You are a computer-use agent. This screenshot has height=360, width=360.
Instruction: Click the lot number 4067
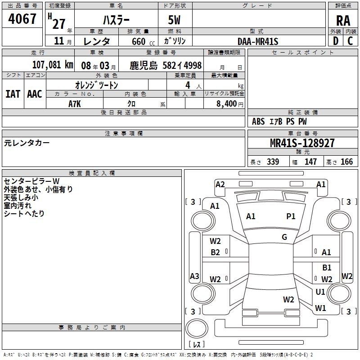pos(22,19)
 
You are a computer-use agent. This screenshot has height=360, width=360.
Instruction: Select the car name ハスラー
pos(116,20)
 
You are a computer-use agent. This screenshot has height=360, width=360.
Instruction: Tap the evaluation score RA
pos(343,20)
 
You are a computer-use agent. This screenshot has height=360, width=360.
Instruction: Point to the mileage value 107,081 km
pos(53,65)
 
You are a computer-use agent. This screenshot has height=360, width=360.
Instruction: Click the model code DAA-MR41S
pos(258,41)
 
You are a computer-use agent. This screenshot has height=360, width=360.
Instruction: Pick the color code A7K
pos(75,103)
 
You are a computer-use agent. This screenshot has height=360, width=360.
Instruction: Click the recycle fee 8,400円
pos(229,103)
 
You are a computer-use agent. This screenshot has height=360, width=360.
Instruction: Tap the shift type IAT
pos(13,94)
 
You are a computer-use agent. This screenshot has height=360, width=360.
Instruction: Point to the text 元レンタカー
pos(27,143)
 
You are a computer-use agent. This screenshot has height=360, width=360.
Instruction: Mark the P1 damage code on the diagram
pos(291,216)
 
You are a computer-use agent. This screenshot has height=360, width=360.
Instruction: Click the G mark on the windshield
pos(284,237)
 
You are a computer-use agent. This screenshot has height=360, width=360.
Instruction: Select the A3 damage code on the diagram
pos(194,276)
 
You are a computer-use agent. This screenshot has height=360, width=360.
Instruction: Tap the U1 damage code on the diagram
pos(320,292)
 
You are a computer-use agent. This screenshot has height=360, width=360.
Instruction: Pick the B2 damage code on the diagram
pos(216,252)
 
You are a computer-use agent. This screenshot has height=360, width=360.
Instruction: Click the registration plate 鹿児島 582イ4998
pos(166,65)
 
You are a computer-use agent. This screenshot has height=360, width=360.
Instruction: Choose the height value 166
pos(346,162)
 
